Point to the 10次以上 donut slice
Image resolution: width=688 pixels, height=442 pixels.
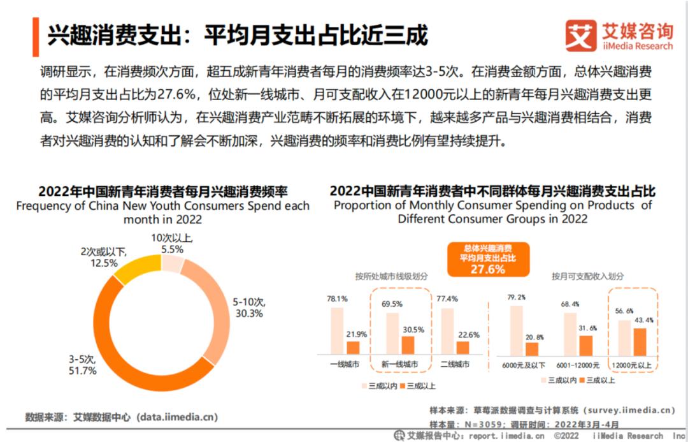[x=172, y=263]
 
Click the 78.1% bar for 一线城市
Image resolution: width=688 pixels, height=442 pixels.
[x=337, y=330]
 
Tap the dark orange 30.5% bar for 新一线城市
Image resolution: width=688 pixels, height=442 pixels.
[x=408, y=344]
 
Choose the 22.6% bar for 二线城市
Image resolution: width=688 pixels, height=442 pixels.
[x=462, y=347]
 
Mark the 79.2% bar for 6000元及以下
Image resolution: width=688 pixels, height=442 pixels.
[x=516, y=330]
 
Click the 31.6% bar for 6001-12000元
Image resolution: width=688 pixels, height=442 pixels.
[x=586, y=344]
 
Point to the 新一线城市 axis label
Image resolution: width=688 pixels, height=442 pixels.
[x=399, y=365]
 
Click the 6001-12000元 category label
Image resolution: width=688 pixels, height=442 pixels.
[x=578, y=365]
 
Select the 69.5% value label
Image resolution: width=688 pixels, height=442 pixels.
[x=391, y=304]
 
